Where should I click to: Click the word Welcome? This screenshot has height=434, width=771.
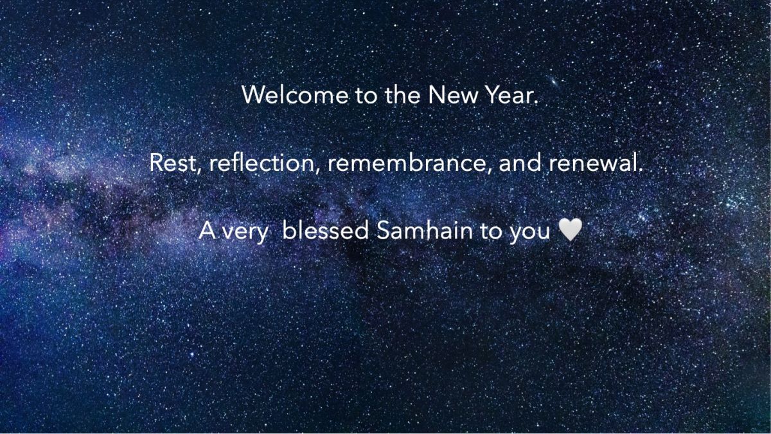(295, 95)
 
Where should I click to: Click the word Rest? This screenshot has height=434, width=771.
(173, 163)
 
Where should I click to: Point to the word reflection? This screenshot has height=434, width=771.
(261, 162)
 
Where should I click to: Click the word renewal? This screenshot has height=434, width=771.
(593, 162)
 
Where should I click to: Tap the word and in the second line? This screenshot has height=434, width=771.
(520, 162)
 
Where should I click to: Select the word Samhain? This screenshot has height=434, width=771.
(425, 230)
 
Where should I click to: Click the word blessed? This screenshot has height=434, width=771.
(325, 230)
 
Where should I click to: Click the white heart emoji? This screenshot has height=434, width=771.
(571, 230)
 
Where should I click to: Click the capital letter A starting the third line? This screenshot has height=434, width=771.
(208, 230)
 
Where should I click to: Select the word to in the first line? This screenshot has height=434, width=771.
(366, 95)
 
